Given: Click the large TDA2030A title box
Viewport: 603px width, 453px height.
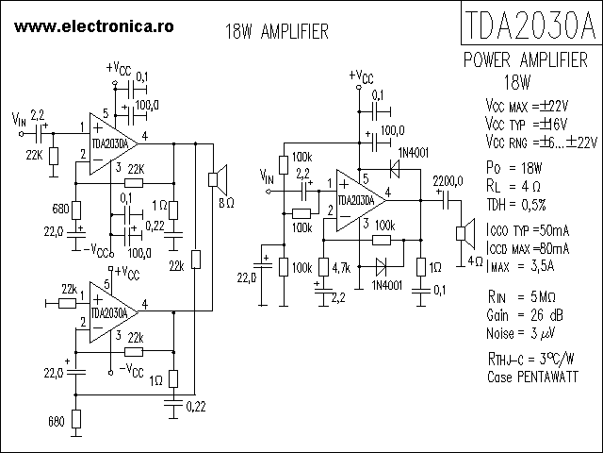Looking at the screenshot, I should click(531, 25).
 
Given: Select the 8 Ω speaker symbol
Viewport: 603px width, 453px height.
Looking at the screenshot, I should click(215, 176).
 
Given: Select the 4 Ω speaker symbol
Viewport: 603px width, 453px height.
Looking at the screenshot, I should click(463, 232).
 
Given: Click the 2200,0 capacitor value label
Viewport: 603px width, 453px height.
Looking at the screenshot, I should click(448, 180).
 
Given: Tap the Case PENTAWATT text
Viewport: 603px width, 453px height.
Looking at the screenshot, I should click(534, 376).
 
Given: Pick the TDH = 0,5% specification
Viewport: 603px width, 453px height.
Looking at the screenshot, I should click(516, 204).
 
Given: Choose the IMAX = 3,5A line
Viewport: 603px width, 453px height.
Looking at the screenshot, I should click(521, 267).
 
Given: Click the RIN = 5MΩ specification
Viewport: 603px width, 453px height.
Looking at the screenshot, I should click(521, 297).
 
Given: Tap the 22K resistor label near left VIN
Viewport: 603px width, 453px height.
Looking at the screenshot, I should click(33, 154).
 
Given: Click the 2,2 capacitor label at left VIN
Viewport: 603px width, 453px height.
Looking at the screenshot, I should click(39, 115).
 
